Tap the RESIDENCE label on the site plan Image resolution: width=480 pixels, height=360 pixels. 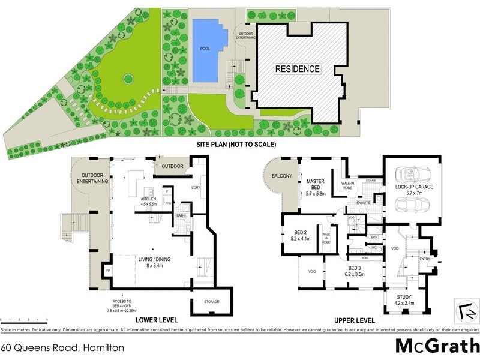click(x=297, y=68)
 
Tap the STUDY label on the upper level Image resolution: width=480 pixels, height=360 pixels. click(x=403, y=299)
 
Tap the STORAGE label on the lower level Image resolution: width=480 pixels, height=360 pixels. click(x=211, y=301)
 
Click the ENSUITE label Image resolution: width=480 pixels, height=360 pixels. click(x=363, y=203)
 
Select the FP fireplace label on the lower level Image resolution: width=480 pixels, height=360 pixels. click(x=108, y=271)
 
